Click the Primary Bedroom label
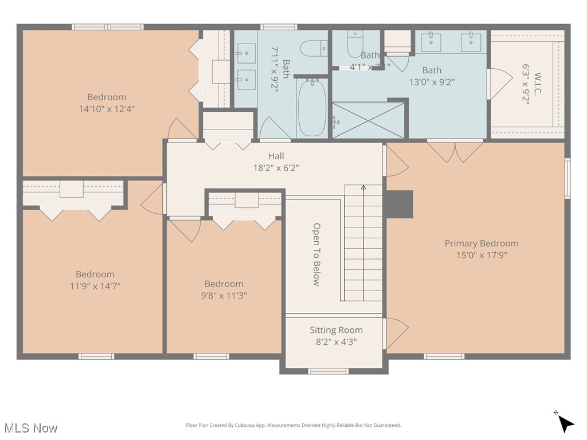(482, 243)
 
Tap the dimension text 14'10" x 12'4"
(107, 108)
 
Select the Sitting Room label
(336, 330)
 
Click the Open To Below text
(316, 254)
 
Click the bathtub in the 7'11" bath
(312, 108)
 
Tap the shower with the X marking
(368, 120)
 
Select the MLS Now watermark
(30, 428)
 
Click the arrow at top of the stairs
(363, 187)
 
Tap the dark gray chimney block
(399, 204)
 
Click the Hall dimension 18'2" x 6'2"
(276, 168)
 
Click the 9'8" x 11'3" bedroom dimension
(224, 296)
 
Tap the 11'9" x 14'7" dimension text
(95, 286)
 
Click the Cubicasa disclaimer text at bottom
(293, 425)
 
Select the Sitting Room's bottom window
(328, 371)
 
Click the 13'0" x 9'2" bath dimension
(432, 82)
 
